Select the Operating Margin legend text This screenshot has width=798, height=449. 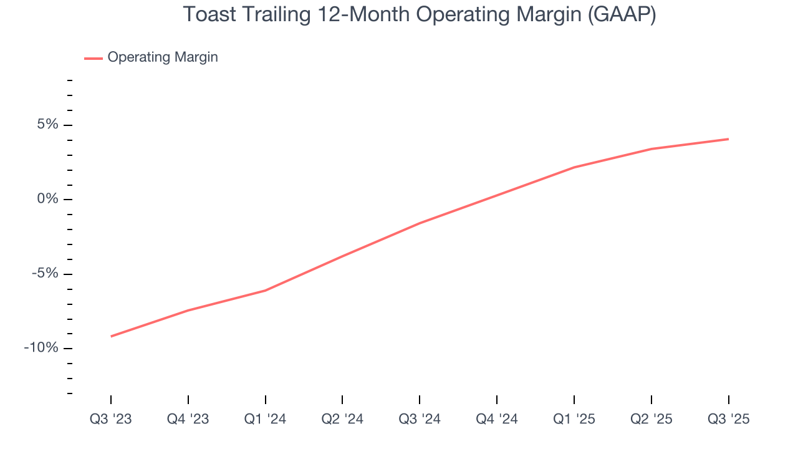coord(163,57)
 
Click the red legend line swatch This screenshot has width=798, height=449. coord(94,58)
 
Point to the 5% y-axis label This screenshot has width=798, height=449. coord(47,125)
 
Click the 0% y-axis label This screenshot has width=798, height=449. coord(47,200)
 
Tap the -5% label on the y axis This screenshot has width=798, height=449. coord(45,274)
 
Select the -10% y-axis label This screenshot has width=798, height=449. coord(41,348)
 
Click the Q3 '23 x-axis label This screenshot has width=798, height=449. coord(111,419)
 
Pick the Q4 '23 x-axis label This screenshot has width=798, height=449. coord(188,419)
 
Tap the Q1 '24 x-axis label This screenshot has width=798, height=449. coord(266,419)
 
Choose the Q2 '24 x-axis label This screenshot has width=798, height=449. coord(342,419)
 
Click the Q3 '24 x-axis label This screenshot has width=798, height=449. coord(420,419)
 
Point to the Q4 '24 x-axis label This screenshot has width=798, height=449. coord(497,419)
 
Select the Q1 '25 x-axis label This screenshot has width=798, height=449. coord(574,419)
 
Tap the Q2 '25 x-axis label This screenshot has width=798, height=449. coord(651,419)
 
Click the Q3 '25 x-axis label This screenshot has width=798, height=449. coord(728,419)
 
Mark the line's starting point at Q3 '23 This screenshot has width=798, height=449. coord(111,336)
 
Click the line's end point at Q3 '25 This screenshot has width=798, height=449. coord(728,139)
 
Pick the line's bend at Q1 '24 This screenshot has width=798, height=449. coord(266,291)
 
